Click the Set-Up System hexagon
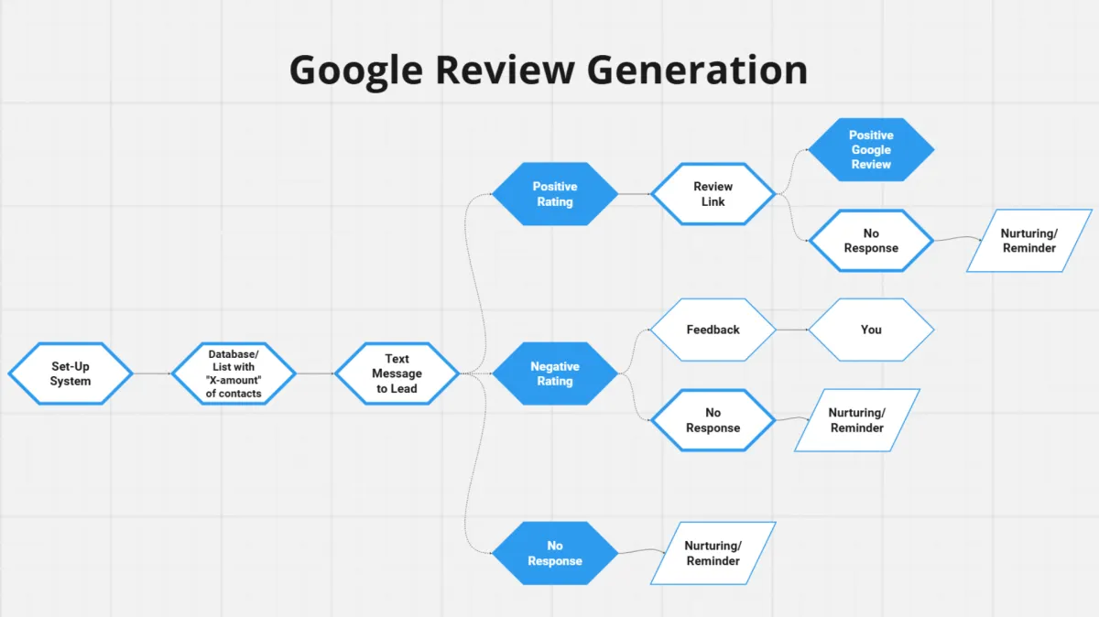pyautogui.click(x=71, y=373)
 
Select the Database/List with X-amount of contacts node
pyautogui.click(x=234, y=373)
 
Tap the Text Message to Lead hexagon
pyautogui.click(x=397, y=373)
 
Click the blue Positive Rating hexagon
pyautogui.click(x=555, y=194)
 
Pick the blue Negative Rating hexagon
pyautogui.click(x=555, y=373)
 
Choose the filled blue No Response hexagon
pyautogui.click(x=555, y=553)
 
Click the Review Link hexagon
pyautogui.click(x=713, y=194)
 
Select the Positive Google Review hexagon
pyautogui.click(x=871, y=149)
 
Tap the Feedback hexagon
pyautogui.click(x=713, y=330)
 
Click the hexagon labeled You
pyautogui.click(x=871, y=330)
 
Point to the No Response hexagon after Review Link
pyautogui.click(x=871, y=241)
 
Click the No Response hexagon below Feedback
pyautogui.click(x=713, y=420)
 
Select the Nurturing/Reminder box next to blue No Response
pyautogui.click(x=713, y=553)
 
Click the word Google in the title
pyautogui.click(x=356, y=71)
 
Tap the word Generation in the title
pyautogui.click(x=697, y=70)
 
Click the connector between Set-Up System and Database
pyautogui.click(x=152, y=373)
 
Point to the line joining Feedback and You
pyautogui.click(x=792, y=330)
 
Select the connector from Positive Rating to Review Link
pyautogui.click(x=635, y=194)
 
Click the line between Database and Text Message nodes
pyautogui.click(x=315, y=373)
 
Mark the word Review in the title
pyautogui.click(x=505, y=70)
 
